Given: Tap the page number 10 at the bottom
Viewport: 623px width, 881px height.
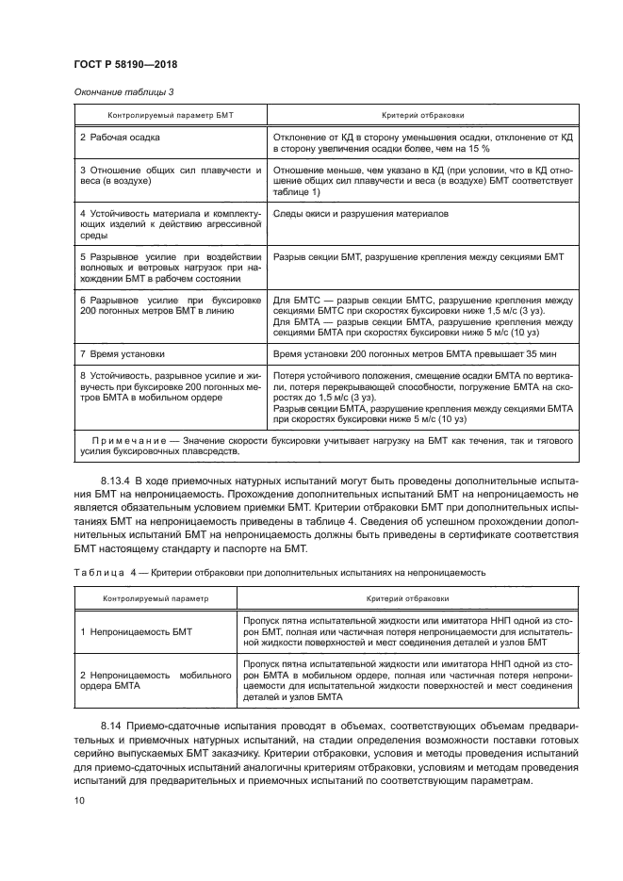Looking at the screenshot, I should point(79,800).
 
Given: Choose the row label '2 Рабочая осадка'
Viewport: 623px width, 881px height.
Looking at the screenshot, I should point(120,138).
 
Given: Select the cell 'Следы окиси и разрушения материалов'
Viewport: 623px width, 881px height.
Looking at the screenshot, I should point(360,214).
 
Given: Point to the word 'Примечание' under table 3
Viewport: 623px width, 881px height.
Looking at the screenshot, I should point(126,441).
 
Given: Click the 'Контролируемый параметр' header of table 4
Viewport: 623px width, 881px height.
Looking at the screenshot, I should point(157,597).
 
